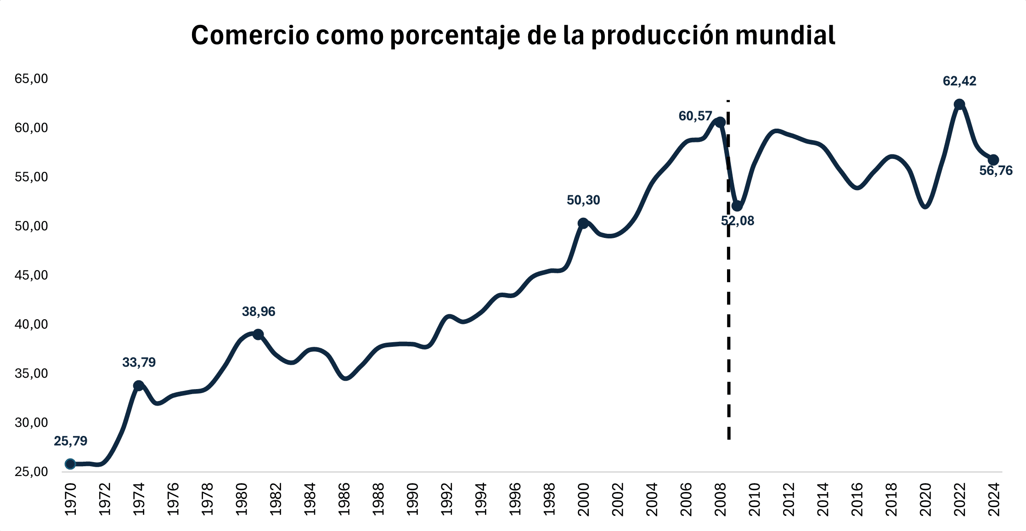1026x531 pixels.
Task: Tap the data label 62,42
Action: click(959, 81)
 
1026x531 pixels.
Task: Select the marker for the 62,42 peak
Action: click(959, 104)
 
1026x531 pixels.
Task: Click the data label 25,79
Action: click(70, 441)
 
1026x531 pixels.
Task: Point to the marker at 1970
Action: click(70, 464)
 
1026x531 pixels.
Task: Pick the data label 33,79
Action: click(139, 363)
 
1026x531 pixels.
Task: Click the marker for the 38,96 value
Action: click(258, 334)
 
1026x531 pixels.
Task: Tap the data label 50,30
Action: click(583, 200)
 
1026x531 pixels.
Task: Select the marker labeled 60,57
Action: click(720, 122)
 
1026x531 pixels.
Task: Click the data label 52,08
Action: click(738, 221)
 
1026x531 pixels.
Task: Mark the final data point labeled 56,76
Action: click(993, 160)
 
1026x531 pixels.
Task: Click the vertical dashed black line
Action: click(728, 322)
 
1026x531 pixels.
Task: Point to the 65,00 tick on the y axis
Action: click(31, 79)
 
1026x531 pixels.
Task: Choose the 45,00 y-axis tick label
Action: click(31, 275)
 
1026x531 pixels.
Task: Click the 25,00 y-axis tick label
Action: click(31, 472)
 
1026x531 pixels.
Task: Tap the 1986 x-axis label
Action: click(344, 499)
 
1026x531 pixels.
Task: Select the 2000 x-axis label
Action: click(583, 499)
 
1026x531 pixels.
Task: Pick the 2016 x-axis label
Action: click(857, 499)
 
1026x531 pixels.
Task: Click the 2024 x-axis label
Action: click(994, 499)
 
